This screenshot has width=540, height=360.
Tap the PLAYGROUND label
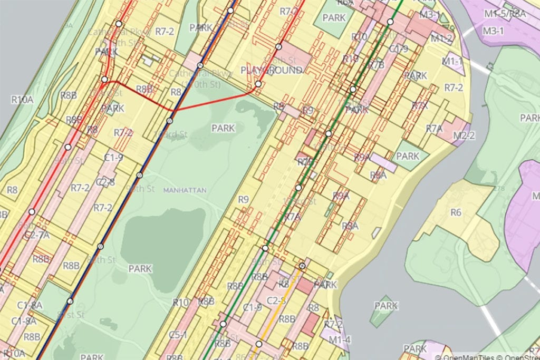[272, 70]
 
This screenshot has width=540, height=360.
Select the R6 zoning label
[456, 212]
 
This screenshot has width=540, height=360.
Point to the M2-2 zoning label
[464, 135]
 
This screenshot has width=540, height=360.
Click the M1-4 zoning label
[339, 340]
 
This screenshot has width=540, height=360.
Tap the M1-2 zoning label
[441, 38]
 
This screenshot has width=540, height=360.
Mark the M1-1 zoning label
[452, 61]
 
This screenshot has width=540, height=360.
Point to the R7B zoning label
[376, 65]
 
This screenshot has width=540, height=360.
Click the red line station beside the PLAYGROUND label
[258, 84]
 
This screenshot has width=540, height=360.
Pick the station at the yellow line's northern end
[302, 266]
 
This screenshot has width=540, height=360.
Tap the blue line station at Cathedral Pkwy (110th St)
[200, 65]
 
